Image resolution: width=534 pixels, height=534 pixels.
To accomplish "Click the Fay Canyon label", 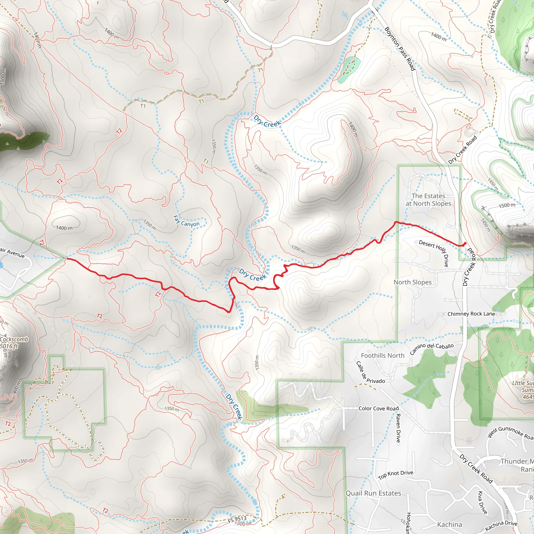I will [x=186, y=221].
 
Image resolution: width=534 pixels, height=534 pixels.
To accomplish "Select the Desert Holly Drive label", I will [x=433, y=253].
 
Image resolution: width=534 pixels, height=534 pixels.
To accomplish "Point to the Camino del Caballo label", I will [x=432, y=349].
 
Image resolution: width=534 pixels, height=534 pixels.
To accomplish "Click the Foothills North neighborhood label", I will [x=383, y=356].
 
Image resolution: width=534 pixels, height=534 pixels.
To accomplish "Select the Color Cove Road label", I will [x=378, y=409].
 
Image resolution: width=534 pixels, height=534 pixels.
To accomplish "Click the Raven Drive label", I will [x=398, y=428].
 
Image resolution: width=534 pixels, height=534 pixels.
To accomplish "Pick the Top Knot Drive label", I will [x=396, y=475].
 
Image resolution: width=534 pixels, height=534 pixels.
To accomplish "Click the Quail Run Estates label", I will [x=373, y=493].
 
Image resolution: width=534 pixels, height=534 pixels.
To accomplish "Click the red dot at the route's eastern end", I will [x=465, y=244].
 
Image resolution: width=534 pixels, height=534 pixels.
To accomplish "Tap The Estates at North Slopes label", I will [x=428, y=199].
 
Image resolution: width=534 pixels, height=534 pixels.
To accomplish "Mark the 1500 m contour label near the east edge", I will [x=507, y=205].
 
